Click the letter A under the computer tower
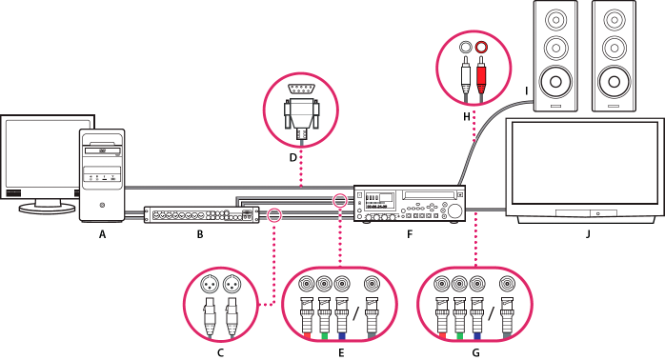click(x=102, y=234)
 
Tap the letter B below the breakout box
click(x=200, y=234)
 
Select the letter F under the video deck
click(x=410, y=234)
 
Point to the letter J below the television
click(x=588, y=234)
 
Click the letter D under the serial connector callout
click(x=293, y=158)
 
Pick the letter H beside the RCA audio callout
click(x=467, y=116)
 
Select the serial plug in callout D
click(x=301, y=114)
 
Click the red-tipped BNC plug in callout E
click(x=307, y=317)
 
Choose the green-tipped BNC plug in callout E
click(x=324, y=317)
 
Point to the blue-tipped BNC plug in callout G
click(x=477, y=317)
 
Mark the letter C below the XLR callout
click(x=220, y=352)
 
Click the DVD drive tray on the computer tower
click(x=103, y=151)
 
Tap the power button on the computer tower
click(x=102, y=206)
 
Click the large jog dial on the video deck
click(x=455, y=210)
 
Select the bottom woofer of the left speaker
click(x=555, y=81)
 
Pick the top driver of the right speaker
click(x=614, y=19)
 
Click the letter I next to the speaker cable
click(x=526, y=90)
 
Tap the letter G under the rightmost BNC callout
click(x=475, y=352)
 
